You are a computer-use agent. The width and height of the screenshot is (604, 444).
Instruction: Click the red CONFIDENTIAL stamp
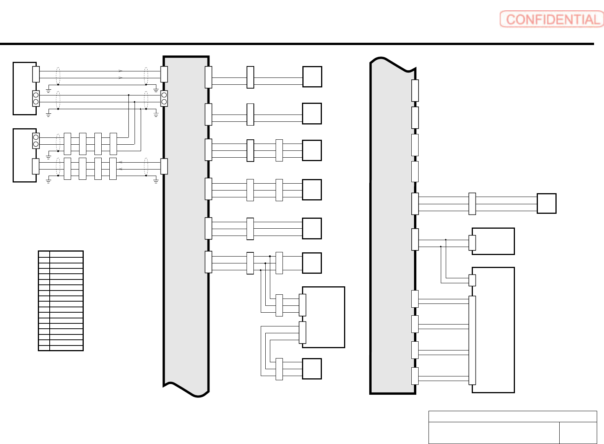pyautogui.click(x=551, y=19)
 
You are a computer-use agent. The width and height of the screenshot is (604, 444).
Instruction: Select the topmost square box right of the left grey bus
pyautogui.click(x=312, y=77)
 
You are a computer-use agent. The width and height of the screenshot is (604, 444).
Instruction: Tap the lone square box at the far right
pyautogui.click(x=546, y=203)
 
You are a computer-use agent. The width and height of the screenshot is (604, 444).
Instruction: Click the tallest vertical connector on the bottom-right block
pyautogui.click(x=472, y=340)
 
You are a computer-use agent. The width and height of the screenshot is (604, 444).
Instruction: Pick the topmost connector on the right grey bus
pyautogui.click(x=415, y=90)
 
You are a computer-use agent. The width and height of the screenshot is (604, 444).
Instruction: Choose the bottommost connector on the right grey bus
pyautogui.click(x=415, y=376)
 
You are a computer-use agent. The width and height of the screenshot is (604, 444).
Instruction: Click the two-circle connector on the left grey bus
pyautogui.click(x=164, y=98)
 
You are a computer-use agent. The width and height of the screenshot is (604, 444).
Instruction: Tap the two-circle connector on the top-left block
pyautogui.click(x=36, y=98)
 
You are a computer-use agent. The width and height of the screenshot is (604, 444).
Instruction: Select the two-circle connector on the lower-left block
pyautogui.click(x=36, y=140)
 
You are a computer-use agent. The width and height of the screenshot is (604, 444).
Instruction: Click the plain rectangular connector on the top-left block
pyautogui.click(x=36, y=74)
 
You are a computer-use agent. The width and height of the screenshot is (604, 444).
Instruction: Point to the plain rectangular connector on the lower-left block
pyautogui.click(x=36, y=166)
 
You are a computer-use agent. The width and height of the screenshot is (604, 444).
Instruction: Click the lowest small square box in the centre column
pyautogui.click(x=312, y=369)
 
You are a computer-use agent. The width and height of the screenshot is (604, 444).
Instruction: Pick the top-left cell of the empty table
pyautogui.click(x=44, y=254)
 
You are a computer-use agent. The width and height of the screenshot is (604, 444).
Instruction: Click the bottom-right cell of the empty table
pyautogui.click(x=66, y=348)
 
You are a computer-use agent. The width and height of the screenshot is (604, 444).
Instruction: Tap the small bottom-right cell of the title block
pyautogui.click(x=578, y=433)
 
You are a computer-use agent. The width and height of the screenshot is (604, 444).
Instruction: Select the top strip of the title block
pyautogui.click(x=512, y=416)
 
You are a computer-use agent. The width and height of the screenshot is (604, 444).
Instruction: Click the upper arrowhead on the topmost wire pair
pyautogui.click(x=120, y=71)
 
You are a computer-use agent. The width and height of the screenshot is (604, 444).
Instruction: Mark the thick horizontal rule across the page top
pyautogui.click(x=297, y=44)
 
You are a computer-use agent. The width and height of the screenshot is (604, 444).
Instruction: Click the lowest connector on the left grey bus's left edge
pyautogui.click(x=164, y=166)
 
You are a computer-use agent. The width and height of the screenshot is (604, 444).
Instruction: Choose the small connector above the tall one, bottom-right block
pyautogui.click(x=472, y=280)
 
